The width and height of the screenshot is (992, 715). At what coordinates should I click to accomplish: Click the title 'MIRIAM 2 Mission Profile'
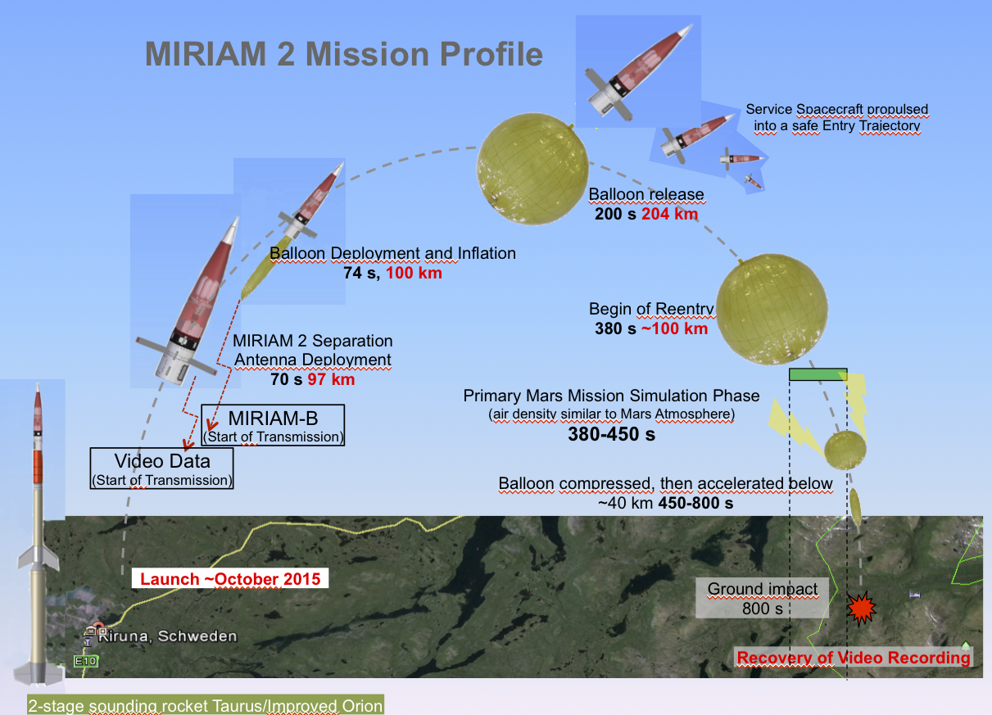[x=344, y=54]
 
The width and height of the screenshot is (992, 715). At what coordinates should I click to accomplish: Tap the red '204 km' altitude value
[x=669, y=214]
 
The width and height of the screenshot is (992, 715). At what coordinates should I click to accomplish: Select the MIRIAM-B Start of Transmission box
[x=273, y=425]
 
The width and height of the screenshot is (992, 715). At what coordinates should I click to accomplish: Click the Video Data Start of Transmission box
[x=161, y=468]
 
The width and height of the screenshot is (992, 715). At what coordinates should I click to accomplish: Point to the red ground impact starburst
[x=862, y=609]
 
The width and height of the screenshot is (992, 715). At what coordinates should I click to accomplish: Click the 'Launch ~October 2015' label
[x=230, y=578]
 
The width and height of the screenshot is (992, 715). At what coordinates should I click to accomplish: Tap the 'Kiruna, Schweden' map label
[x=167, y=636]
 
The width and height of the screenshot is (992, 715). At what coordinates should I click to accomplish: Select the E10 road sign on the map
[x=85, y=661]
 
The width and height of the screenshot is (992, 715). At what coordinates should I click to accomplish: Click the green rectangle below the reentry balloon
[x=818, y=374]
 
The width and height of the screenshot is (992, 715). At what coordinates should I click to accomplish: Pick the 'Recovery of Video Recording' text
[x=854, y=658]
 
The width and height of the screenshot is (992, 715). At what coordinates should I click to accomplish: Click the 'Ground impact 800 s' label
[x=762, y=598]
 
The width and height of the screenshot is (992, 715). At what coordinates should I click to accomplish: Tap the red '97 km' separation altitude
[x=331, y=379]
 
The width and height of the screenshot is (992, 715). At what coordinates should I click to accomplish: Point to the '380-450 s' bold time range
[x=612, y=434]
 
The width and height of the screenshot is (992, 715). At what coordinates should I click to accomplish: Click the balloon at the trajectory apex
[x=532, y=169]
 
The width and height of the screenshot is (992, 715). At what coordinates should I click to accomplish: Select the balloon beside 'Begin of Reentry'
[x=772, y=309]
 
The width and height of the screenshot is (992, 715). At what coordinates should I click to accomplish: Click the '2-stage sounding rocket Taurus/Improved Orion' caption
[x=206, y=705]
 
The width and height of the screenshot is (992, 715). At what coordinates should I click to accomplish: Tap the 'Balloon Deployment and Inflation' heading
[x=392, y=253]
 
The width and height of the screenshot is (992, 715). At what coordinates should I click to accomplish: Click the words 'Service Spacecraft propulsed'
[x=836, y=109]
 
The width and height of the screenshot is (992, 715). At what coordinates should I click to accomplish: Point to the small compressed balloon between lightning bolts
[x=845, y=450]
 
